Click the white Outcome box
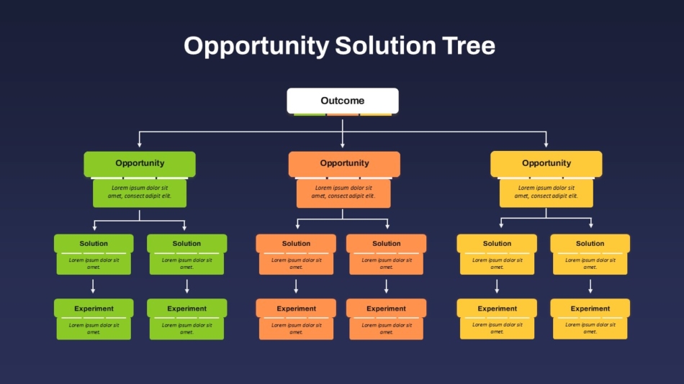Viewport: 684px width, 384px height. tap(343, 101)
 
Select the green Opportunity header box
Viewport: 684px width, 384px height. tap(140, 164)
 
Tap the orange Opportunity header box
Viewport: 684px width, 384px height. tap(344, 164)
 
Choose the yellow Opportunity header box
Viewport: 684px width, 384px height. tap(546, 164)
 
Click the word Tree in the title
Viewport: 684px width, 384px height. tap(469, 45)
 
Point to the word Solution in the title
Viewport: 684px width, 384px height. tap(385, 45)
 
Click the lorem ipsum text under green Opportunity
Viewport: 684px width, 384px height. tap(140, 192)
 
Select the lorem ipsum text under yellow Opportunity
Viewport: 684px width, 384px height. tap(546, 192)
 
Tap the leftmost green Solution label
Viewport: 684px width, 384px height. tap(94, 243)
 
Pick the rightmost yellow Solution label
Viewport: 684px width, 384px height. tap(590, 243)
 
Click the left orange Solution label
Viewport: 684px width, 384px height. tap(296, 243)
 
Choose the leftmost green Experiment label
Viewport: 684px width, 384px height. tap(94, 308)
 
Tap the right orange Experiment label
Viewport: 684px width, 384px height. tap(386, 308)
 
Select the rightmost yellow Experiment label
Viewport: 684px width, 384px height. tap(590, 308)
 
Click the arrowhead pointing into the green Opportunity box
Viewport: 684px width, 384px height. tap(140, 145)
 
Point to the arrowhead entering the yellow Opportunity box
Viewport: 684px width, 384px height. tap(546, 145)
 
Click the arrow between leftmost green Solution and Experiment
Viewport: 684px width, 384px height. tap(93, 286)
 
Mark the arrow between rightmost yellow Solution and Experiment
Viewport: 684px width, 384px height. tap(590, 286)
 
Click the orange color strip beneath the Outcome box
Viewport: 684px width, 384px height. tap(343, 114)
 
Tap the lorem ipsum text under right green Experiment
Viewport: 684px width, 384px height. tap(186, 329)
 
